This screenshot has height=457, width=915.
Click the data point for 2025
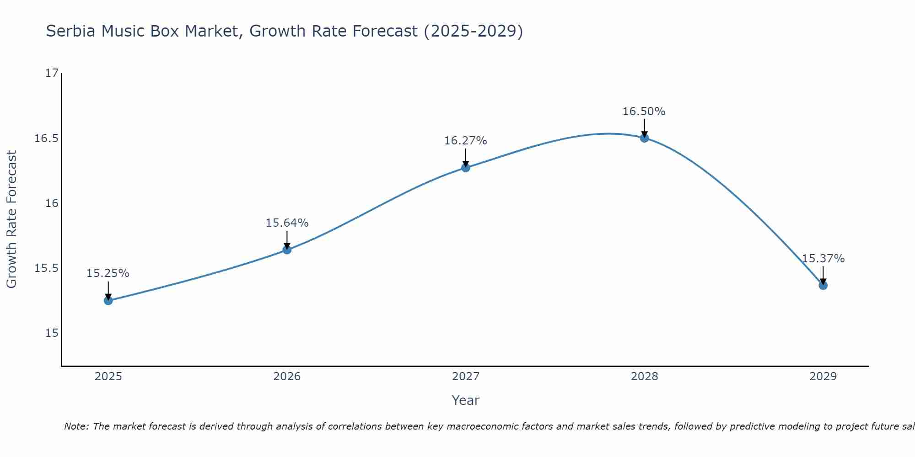coord(108,300)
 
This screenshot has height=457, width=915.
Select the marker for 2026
coord(287,250)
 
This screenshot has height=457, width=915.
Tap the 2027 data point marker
coord(466,168)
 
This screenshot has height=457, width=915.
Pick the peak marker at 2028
coord(644,138)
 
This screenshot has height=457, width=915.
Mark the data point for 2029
coord(823,285)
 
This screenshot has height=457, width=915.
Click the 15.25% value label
coord(108,273)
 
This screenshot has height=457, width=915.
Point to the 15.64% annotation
coord(287,223)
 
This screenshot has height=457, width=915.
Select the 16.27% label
coord(466,141)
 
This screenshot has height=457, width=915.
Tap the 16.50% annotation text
coord(644,112)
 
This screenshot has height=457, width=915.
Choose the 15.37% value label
coord(823,259)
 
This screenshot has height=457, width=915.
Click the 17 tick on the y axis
coord(53,73)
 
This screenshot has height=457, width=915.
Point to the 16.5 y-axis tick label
coord(47,138)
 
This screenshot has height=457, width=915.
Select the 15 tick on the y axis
coord(53,333)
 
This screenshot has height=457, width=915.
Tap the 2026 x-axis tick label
coord(287,377)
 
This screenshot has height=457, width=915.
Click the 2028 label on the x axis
coord(644,377)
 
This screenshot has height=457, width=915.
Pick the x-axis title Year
coord(466,400)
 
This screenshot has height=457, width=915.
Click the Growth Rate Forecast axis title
coord(11,219)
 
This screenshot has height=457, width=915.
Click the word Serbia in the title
coord(71,31)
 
